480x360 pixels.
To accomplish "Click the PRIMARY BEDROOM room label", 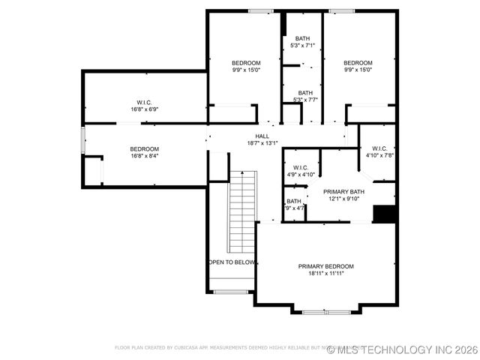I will point(325,266).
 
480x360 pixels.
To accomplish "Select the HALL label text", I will point(262,136).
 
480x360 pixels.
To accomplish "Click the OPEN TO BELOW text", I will point(232,262).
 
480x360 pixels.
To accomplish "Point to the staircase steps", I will point(242,214).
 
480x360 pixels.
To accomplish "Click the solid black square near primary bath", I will point(384,214).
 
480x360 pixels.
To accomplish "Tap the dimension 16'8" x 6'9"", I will point(144,109).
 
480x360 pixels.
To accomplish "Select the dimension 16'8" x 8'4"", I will point(144,156).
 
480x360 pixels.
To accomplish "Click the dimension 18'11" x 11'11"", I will point(325,274).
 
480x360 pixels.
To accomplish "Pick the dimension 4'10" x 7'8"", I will point(379,155).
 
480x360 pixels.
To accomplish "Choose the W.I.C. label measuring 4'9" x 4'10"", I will point(300,167).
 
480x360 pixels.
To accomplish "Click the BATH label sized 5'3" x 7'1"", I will point(302,38).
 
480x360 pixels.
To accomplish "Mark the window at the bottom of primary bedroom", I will point(325,311).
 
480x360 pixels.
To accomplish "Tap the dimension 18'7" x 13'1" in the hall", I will point(262,143).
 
